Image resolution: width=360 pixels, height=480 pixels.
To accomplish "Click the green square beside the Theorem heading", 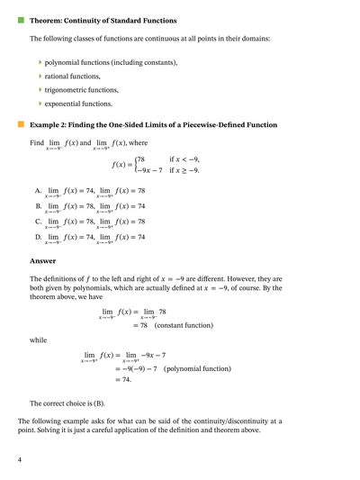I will pyautogui.click(x=21, y=19).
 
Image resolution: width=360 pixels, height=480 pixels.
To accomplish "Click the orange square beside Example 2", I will pyautogui.click(x=21, y=124).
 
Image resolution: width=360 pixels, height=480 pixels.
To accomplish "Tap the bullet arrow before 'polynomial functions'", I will pyautogui.click(x=40, y=62).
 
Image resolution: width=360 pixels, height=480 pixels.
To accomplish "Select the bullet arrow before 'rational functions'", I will pyautogui.click(x=40, y=77).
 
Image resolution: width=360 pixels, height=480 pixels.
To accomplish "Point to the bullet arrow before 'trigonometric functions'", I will pyautogui.click(x=40, y=90).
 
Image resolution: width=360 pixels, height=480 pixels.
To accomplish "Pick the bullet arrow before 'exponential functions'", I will pyautogui.click(x=40, y=104).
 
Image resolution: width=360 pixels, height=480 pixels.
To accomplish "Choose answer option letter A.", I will pyautogui.click(x=38, y=191).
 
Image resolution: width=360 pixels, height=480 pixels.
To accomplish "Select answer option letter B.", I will pyautogui.click(x=38, y=205).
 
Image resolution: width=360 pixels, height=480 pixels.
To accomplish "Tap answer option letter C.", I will pyautogui.click(x=38, y=221).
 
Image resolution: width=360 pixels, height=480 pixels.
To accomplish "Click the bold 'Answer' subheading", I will pyautogui.click(x=43, y=261).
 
